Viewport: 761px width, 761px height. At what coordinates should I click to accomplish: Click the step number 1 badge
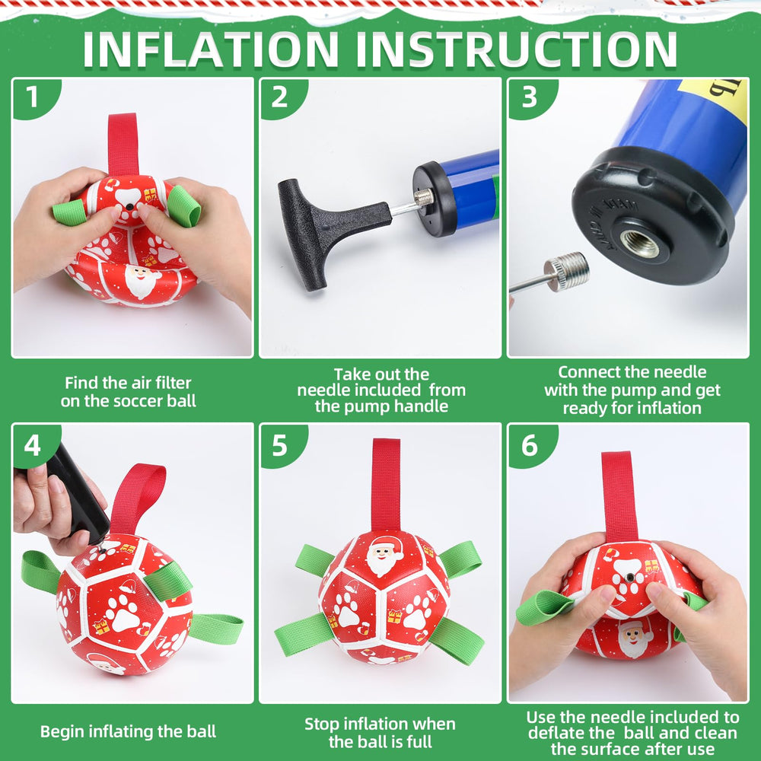click(x=32, y=97)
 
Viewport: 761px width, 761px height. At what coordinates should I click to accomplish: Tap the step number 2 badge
click(x=280, y=97)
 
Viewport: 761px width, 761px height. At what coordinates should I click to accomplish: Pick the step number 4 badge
click(x=32, y=444)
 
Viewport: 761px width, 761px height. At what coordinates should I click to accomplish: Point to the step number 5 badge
click(x=280, y=444)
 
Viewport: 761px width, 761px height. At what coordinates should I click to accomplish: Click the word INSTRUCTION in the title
click(x=517, y=49)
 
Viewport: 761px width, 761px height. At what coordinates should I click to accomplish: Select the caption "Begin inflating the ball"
click(x=128, y=732)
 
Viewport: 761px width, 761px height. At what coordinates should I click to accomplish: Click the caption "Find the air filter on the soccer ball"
click(x=128, y=392)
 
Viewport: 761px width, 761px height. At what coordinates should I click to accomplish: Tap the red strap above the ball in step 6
click(x=619, y=495)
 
